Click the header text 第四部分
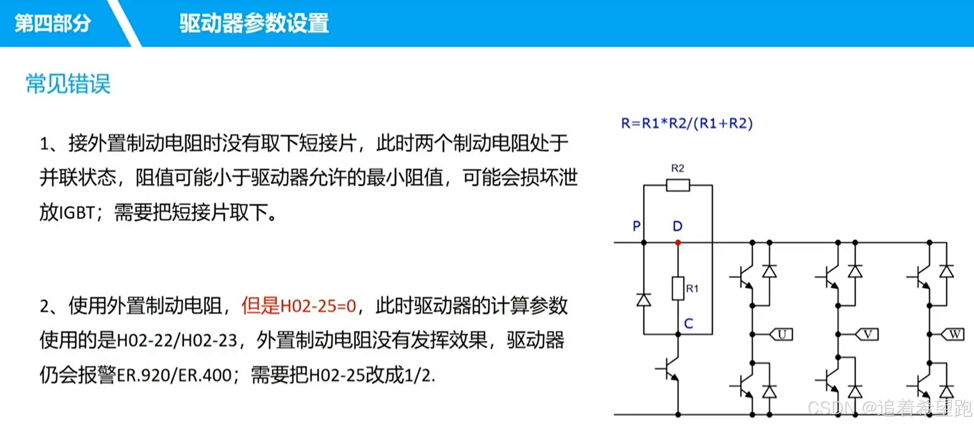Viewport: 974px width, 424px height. click(52, 23)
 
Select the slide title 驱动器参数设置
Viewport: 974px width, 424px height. click(254, 23)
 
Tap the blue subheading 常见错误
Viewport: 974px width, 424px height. click(68, 84)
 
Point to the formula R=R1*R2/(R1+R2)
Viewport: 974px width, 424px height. click(687, 123)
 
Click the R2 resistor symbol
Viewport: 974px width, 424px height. click(678, 186)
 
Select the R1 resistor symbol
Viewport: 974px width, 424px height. click(678, 288)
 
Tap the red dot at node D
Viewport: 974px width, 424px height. click(678, 243)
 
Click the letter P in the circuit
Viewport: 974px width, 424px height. click(637, 226)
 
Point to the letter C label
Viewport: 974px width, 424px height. click(689, 324)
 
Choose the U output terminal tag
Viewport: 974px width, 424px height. click(782, 334)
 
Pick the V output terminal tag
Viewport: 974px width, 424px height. click(867, 334)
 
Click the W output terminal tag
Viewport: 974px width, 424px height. click(954, 334)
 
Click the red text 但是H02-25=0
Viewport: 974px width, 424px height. click(299, 306)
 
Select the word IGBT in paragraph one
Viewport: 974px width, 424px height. click(77, 213)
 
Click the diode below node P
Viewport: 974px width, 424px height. click(644, 300)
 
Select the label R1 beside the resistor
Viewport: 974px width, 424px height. click(692, 288)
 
